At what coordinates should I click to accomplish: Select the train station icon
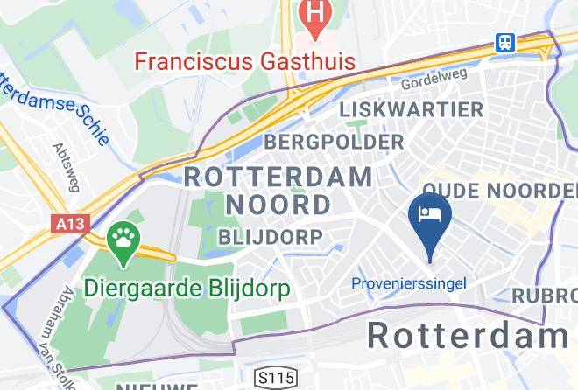pos(505,42)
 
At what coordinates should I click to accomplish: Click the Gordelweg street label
pos(433,82)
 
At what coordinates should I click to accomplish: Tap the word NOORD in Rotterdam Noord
pos(279,205)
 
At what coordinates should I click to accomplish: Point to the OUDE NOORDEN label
pos(499,191)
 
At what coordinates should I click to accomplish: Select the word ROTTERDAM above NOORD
pos(278,175)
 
